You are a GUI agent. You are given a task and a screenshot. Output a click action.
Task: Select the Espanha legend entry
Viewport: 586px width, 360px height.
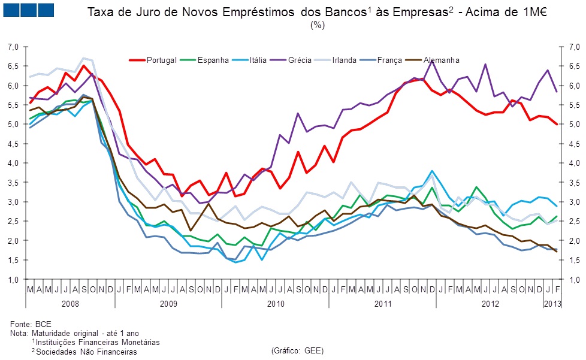pyautogui.click(x=213, y=60)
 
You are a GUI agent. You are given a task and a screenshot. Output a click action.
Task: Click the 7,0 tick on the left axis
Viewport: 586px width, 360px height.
pyautogui.click(x=14, y=47)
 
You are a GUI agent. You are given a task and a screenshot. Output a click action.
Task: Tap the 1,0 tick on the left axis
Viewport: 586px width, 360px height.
pyautogui.click(x=14, y=280)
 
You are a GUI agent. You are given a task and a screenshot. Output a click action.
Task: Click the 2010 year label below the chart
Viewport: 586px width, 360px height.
pyautogui.click(x=275, y=304)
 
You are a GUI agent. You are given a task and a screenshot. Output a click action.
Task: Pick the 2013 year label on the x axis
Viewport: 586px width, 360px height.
pyautogui.click(x=552, y=304)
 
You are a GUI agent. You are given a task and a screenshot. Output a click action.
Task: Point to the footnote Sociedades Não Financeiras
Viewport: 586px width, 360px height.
pyautogui.click(x=86, y=352)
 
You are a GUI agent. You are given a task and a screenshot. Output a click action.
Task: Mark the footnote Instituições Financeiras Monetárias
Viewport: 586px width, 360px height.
pyautogui.click(x=98, y=342)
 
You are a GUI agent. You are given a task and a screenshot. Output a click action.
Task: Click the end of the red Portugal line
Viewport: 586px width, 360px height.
pyautogui.click(x=556, y=124)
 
